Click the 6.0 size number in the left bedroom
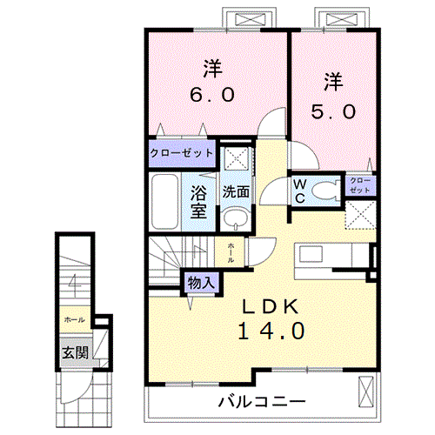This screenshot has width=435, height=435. point(211,94)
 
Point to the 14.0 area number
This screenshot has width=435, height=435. point(268,331)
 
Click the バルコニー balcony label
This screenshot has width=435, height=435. point(261,402)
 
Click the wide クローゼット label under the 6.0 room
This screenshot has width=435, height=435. point(182,153)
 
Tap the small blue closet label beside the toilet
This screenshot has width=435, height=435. point(360,185)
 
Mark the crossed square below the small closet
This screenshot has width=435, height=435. point(361,214)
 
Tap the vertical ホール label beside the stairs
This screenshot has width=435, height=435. point(231,253)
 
